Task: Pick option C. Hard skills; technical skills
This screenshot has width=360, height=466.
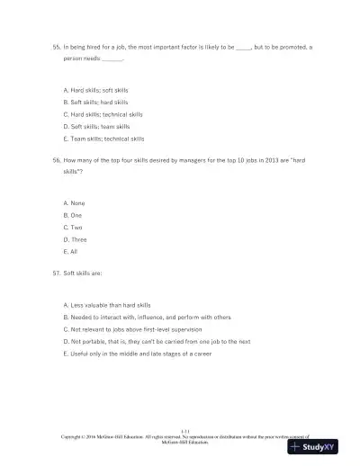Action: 103,114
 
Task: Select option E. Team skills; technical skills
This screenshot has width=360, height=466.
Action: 103,139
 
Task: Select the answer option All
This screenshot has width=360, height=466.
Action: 72,252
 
